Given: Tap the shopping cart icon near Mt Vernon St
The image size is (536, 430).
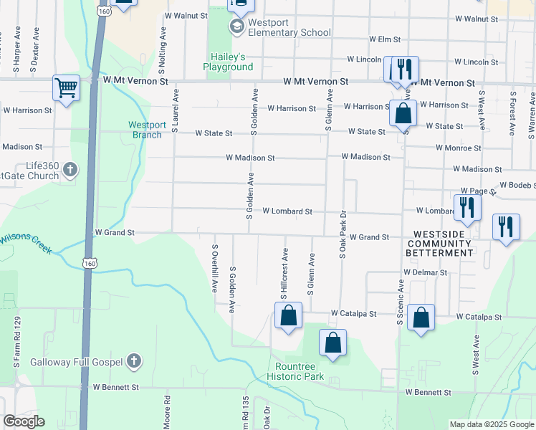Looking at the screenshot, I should [x=66, y=88].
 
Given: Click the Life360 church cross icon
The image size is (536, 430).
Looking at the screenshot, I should [x=70, y=170].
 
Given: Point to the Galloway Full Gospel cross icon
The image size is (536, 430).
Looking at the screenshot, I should [x=133, y=361].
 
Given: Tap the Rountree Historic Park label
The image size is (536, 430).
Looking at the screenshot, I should [x=295, y=371].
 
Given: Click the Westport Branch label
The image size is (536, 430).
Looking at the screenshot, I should [x=148, y=130].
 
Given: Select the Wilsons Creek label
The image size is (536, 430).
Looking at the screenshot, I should [x=26, y=243].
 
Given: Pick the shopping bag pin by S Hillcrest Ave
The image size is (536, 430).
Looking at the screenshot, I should [x=288, y=315].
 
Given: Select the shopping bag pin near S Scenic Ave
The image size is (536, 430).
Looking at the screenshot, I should [x=421, y=317].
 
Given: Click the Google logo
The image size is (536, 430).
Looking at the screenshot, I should [x=23, y=421].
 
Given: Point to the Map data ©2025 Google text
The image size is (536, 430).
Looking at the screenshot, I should [x=491, y=424].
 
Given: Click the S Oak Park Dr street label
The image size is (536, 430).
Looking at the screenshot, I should [x=343, y=235].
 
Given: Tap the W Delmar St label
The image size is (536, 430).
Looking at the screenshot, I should [x=425, y=272].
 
